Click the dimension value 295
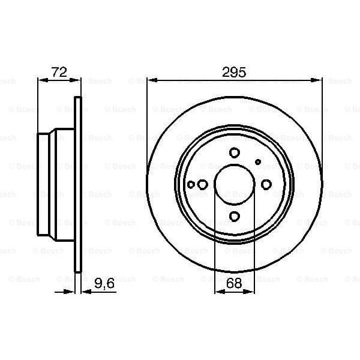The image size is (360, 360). (235, 73)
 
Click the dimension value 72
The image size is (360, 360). (59, 73)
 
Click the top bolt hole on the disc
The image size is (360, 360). (235, 154)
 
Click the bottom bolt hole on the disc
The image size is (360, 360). (235, 217)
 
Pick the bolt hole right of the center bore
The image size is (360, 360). (266, 185)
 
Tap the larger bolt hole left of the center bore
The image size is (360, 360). (203, 185)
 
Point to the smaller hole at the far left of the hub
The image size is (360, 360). (191, 185)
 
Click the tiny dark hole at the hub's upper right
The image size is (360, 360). (259, 161)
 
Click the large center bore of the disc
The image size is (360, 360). (235, 185)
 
